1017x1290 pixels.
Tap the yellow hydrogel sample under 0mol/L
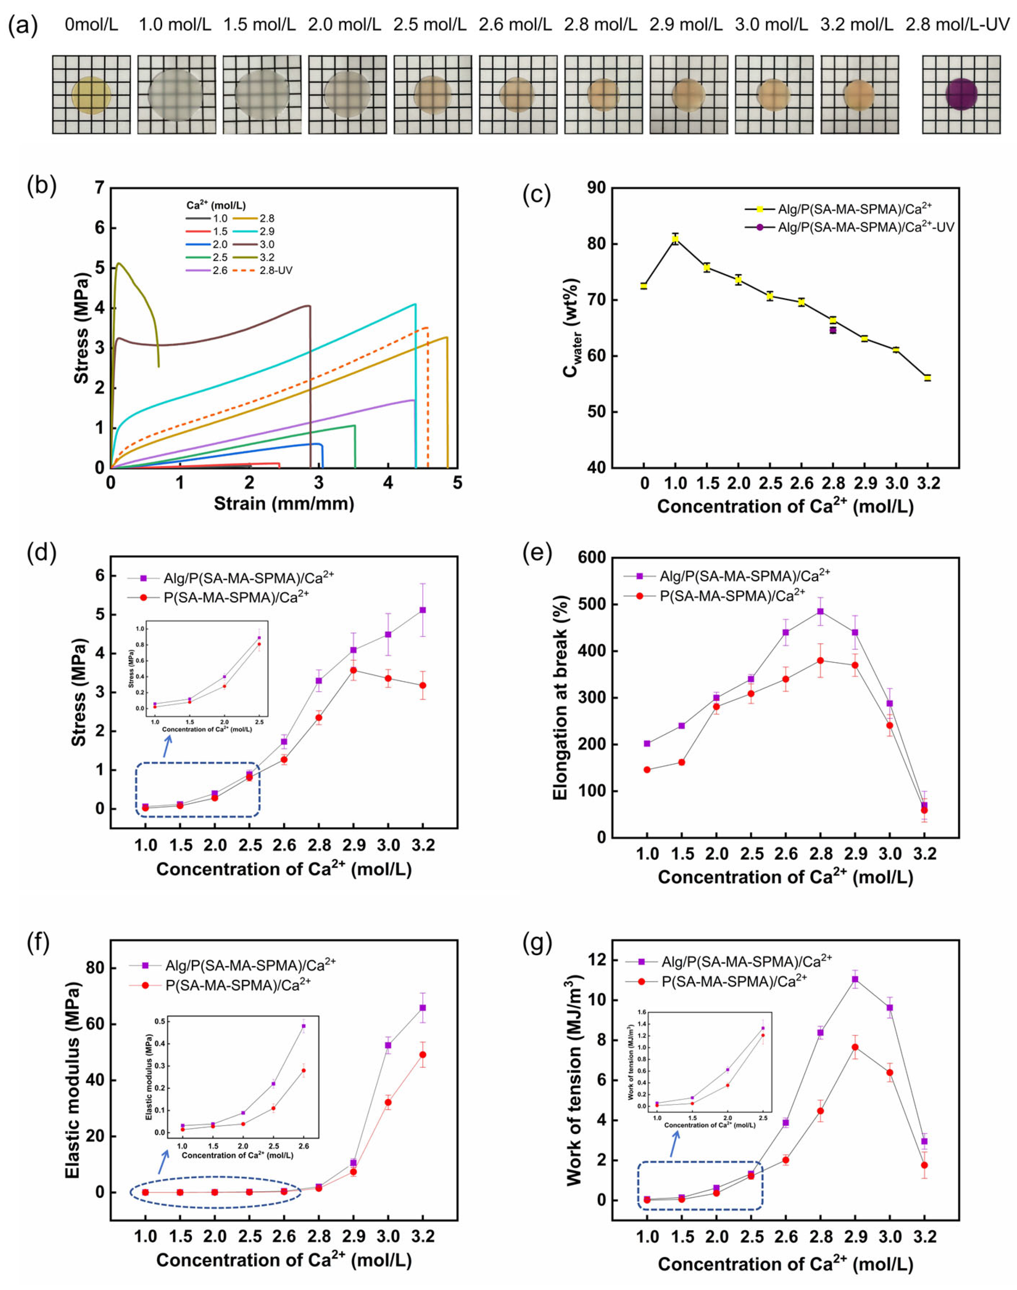click(91, 95)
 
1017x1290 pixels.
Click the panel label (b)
click(42, 187)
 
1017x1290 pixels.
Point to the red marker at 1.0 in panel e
click(647, 769)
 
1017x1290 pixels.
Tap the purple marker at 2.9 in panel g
click(855, 979)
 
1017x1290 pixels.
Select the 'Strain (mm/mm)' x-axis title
click(284, 504)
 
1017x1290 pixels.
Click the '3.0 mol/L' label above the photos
click(771, 25)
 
